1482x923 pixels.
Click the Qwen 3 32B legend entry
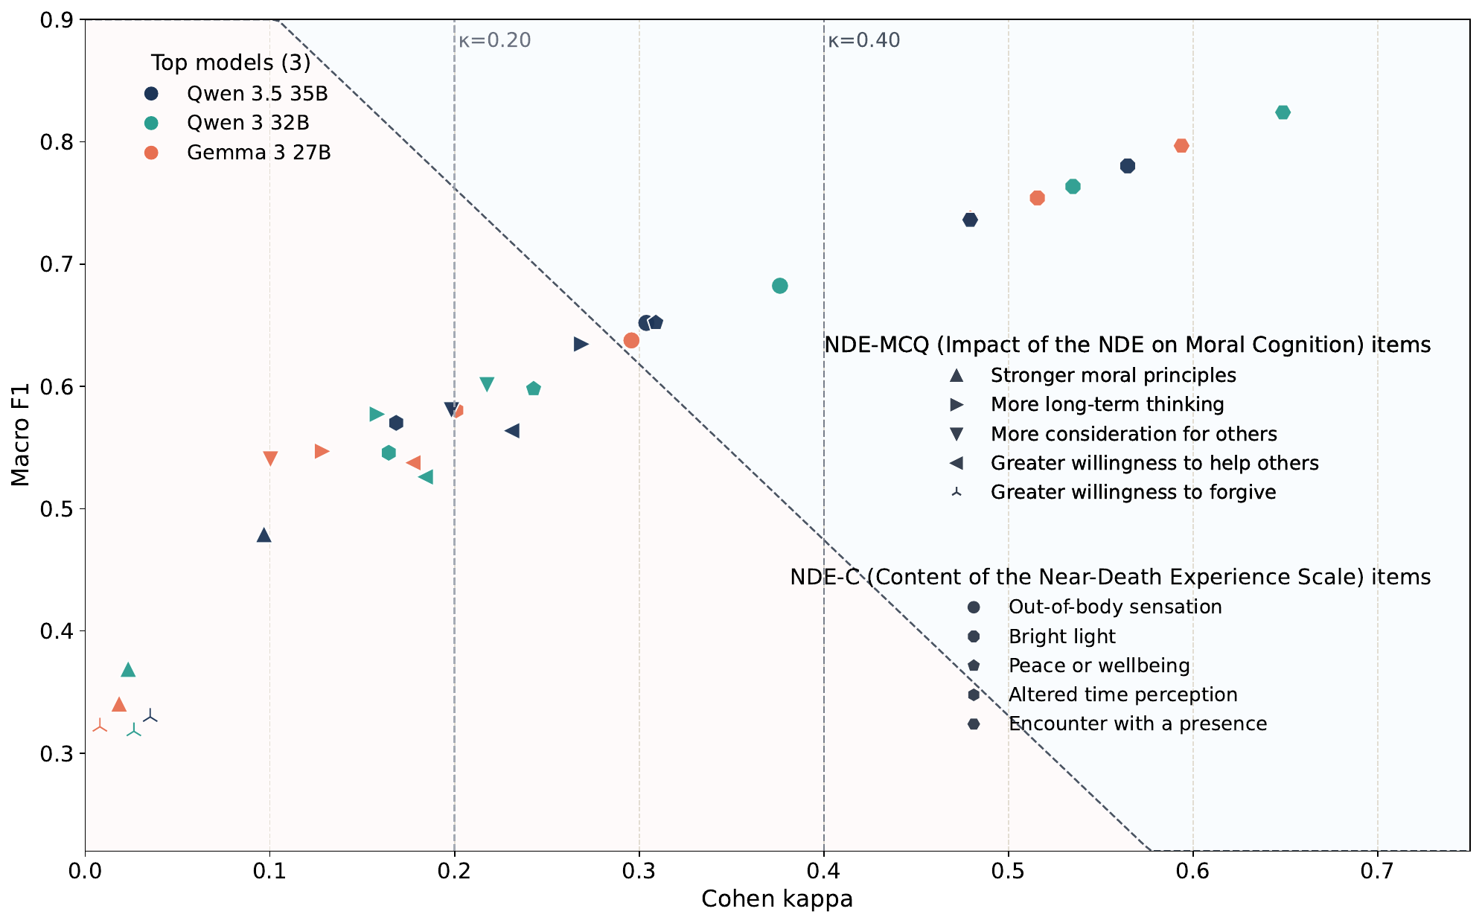[x=247, y=123]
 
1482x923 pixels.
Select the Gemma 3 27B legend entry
[x=258, y=153]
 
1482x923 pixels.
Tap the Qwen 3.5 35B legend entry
[x=257, y=94]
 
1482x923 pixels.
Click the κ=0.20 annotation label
[x=494, y=40]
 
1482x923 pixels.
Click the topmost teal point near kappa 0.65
[x=1283, y=112]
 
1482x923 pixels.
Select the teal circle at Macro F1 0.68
[x=779, y=286]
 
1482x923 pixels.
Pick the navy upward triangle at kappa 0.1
[x=263, y=535]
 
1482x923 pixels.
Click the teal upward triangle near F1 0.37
[x=128, y=670]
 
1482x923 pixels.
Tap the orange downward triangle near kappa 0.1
[x=270, y=459]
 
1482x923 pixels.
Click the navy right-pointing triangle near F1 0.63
[x=581, y=344]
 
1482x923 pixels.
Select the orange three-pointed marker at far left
[x=100, y=726]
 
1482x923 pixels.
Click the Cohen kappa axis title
[x=776, y=899]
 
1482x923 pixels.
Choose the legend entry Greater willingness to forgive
[x=1133, y=492]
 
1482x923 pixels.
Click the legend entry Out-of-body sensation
[x=1114, y=607]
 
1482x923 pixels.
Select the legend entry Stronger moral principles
[x=1113, y=375]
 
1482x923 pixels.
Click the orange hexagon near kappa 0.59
[x=1181, y=146]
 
